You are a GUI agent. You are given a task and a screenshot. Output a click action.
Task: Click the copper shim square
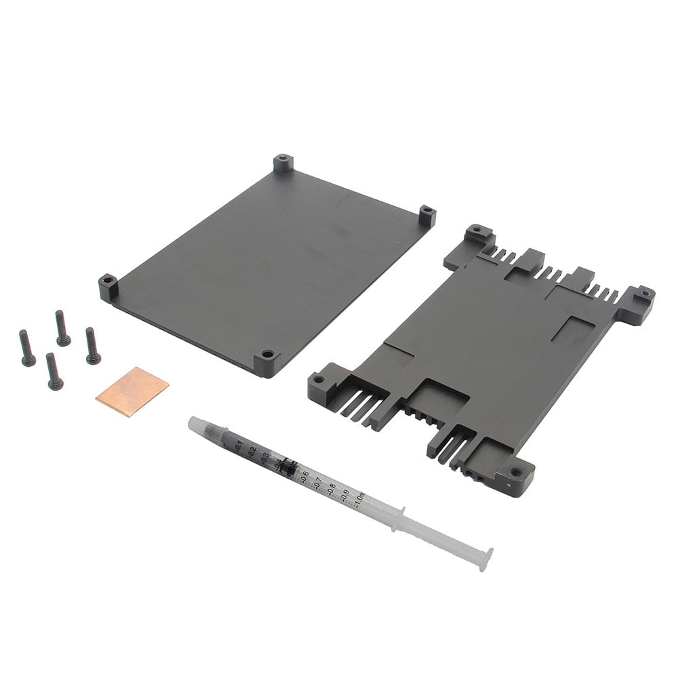pos(132,391)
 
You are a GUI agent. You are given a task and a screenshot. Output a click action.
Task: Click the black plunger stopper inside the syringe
pos(286,466)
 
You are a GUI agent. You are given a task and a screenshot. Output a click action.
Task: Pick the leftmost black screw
pos(27,348)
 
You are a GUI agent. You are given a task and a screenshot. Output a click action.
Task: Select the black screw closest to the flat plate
pos(92,346)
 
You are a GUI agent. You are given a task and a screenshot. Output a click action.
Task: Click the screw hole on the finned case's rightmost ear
pos(643,295)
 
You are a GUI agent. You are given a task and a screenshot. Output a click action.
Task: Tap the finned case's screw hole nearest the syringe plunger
pos(516,472)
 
